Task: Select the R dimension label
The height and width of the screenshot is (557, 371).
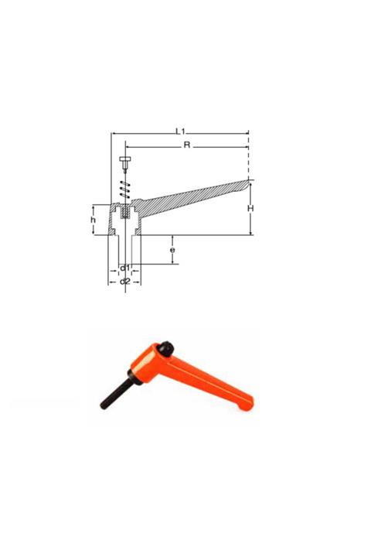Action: [187, 144]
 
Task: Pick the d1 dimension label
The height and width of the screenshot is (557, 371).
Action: [124, 268]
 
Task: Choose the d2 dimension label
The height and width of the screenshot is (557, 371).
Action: [124, 281]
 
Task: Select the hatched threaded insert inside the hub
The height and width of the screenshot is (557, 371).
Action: [124, 210]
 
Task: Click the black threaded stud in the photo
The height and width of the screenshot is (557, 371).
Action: [113, 393]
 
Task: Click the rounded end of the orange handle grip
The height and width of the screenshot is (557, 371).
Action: [245, 402]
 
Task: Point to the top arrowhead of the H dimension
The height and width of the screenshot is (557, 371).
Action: [249, 181]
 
